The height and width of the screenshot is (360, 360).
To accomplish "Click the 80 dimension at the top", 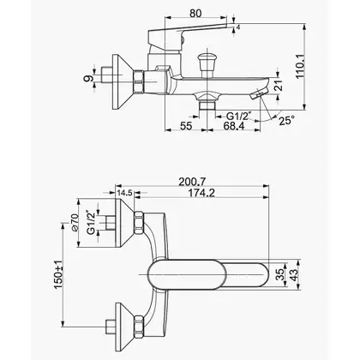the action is (195, 13).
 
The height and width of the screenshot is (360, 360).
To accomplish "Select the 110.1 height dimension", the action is (300, 66).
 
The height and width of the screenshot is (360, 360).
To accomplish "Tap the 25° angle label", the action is (286, 121).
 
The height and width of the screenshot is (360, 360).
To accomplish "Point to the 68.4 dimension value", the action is (234, 126).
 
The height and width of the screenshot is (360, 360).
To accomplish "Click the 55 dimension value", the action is (186, 126).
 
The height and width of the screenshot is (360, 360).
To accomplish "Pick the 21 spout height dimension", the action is (279, 86).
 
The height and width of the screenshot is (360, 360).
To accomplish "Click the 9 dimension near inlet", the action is (88, 78).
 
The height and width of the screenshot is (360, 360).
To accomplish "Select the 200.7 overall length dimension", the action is (192, 182).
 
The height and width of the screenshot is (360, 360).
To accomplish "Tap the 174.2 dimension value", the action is (201, 193).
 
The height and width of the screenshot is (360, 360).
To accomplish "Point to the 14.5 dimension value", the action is (124, 193).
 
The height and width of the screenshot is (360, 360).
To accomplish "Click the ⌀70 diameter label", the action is (75, 223).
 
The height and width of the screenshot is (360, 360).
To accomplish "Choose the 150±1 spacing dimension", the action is (58, 274).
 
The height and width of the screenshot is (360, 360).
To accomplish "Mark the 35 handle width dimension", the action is (281, 274).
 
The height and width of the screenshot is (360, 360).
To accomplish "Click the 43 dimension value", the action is (294, 274).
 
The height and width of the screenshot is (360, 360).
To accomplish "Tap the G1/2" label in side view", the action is (239, 116).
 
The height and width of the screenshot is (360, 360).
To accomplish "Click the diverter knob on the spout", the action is (207, 64).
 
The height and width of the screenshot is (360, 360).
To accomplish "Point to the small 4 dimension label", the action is (238, 27).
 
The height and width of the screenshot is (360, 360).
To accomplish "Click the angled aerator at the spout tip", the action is (259, 93).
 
